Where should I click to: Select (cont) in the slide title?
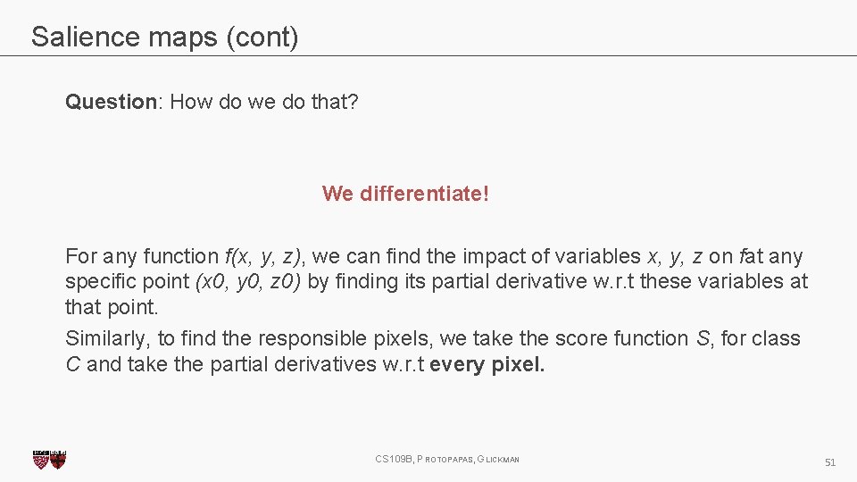click(x=264, y=37)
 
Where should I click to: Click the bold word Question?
click(x=111, y=102)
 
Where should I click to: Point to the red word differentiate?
click(x=424, y=194)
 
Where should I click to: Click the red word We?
click(x=337, y=194)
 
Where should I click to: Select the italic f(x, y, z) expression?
click(x=265, y=257)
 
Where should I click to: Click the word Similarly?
click(x=107, y=339)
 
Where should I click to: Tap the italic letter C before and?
click(x=73, y=364)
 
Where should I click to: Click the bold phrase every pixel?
click(x=487, y=364)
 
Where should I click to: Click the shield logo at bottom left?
click(x=49, y=460)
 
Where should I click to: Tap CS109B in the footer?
click(x=394, y=460)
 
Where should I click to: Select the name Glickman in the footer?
click(x=499, y=460)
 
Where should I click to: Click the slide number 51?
click(x=829, y=462)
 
